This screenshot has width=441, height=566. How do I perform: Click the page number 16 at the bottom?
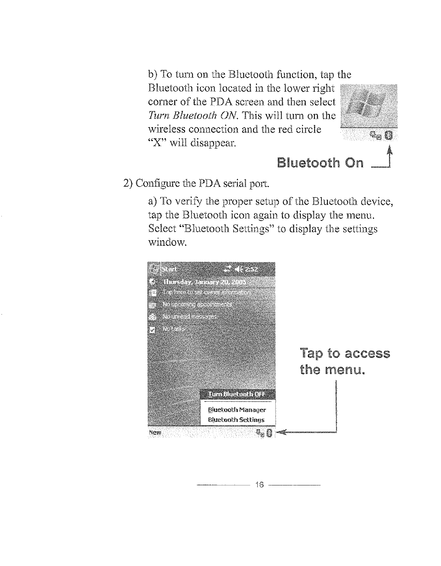click(x=260, y=485)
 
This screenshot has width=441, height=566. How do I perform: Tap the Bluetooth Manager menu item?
click(x=237, y=409)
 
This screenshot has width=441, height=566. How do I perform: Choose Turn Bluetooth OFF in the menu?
click(x=237, y=394)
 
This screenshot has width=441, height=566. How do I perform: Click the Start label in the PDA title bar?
click(x=170, y=269)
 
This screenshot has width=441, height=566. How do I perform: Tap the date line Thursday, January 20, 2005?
click(x=205, y=282)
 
